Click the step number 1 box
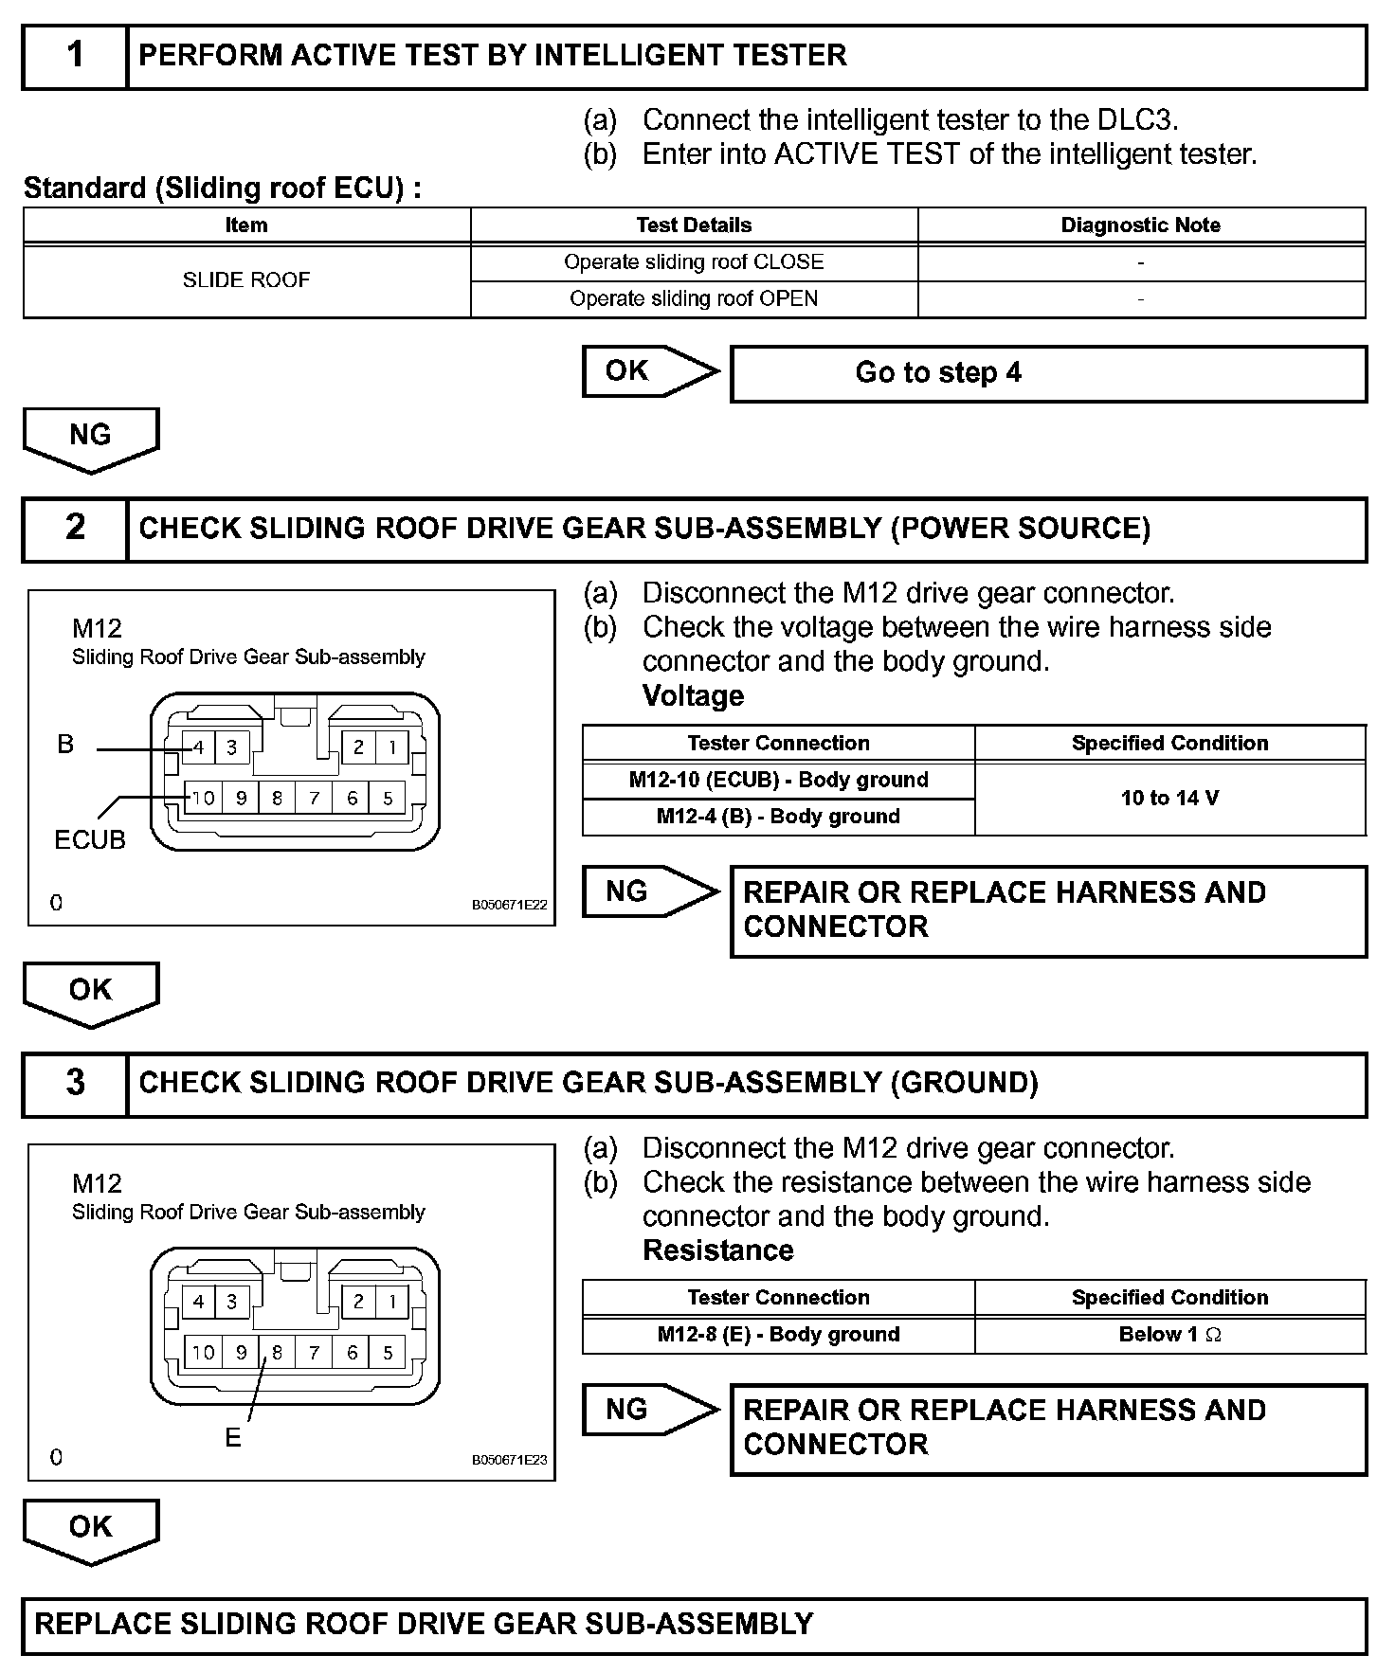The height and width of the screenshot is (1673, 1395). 75,57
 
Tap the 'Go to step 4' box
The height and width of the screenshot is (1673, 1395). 1048,373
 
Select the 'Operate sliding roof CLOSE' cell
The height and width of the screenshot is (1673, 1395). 694,262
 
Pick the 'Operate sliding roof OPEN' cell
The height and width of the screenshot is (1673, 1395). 694,299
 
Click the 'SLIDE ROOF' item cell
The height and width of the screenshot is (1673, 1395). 246,280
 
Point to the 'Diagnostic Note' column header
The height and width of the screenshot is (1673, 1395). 1140,225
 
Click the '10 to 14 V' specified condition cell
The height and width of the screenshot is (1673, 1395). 1169,798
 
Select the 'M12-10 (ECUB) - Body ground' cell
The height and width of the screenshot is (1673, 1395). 778,780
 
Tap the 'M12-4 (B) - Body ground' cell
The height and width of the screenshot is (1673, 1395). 778,817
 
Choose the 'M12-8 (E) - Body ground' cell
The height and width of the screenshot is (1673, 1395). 778,1335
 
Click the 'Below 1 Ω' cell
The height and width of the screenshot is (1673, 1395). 1169,1335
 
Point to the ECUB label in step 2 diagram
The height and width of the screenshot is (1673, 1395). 90,840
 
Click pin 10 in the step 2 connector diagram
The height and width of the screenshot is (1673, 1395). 204,799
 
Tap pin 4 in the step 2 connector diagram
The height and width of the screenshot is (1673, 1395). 199,747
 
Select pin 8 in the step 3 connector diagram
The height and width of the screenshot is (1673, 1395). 277,1353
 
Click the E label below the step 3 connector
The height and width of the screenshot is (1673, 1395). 233,1438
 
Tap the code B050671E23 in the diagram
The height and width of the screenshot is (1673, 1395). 509,1460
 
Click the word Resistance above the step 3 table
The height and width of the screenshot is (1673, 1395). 717,1250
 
